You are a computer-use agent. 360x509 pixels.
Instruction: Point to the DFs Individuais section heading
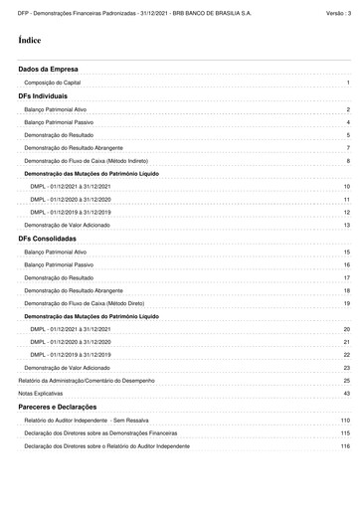[46, 95]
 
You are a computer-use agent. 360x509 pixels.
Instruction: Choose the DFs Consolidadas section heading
[50, 239]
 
